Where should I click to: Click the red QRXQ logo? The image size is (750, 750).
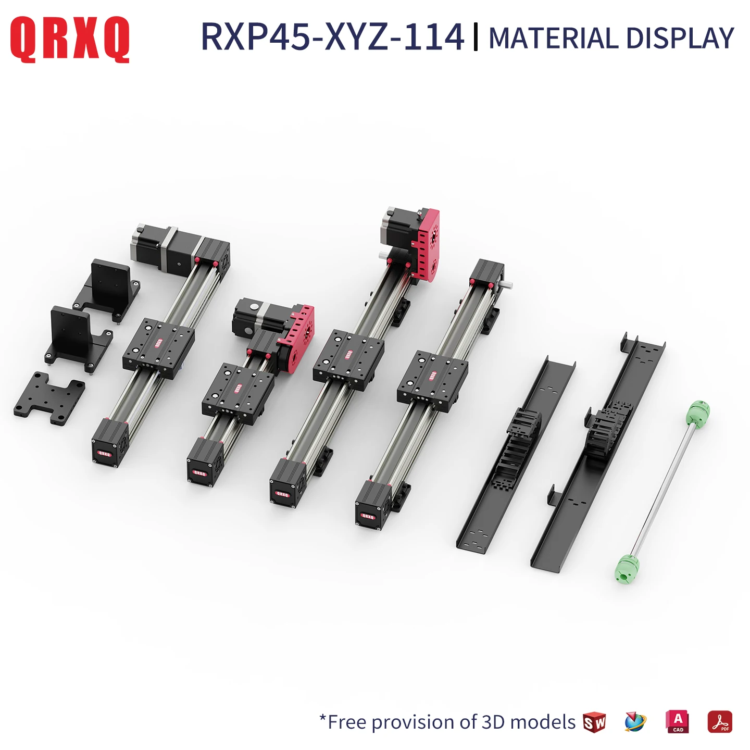(70, 39)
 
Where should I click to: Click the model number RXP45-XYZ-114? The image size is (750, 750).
(332, 37)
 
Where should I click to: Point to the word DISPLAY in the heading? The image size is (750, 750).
(680, 39)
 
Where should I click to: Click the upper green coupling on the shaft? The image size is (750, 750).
(698, 412)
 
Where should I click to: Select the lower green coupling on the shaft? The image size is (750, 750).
(627, 568)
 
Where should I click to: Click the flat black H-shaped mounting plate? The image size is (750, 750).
(49, 398)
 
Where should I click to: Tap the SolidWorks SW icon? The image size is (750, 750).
(594, 722)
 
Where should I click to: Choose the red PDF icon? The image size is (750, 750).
(719, 722)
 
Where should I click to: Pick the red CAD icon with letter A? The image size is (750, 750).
(677, 722)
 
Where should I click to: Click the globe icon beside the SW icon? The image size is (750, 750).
(635, 722)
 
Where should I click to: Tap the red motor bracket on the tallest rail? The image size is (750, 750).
(426, 244)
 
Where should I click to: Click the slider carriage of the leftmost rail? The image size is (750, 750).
(158, 347)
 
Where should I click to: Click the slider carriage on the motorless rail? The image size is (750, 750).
(432, 381)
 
